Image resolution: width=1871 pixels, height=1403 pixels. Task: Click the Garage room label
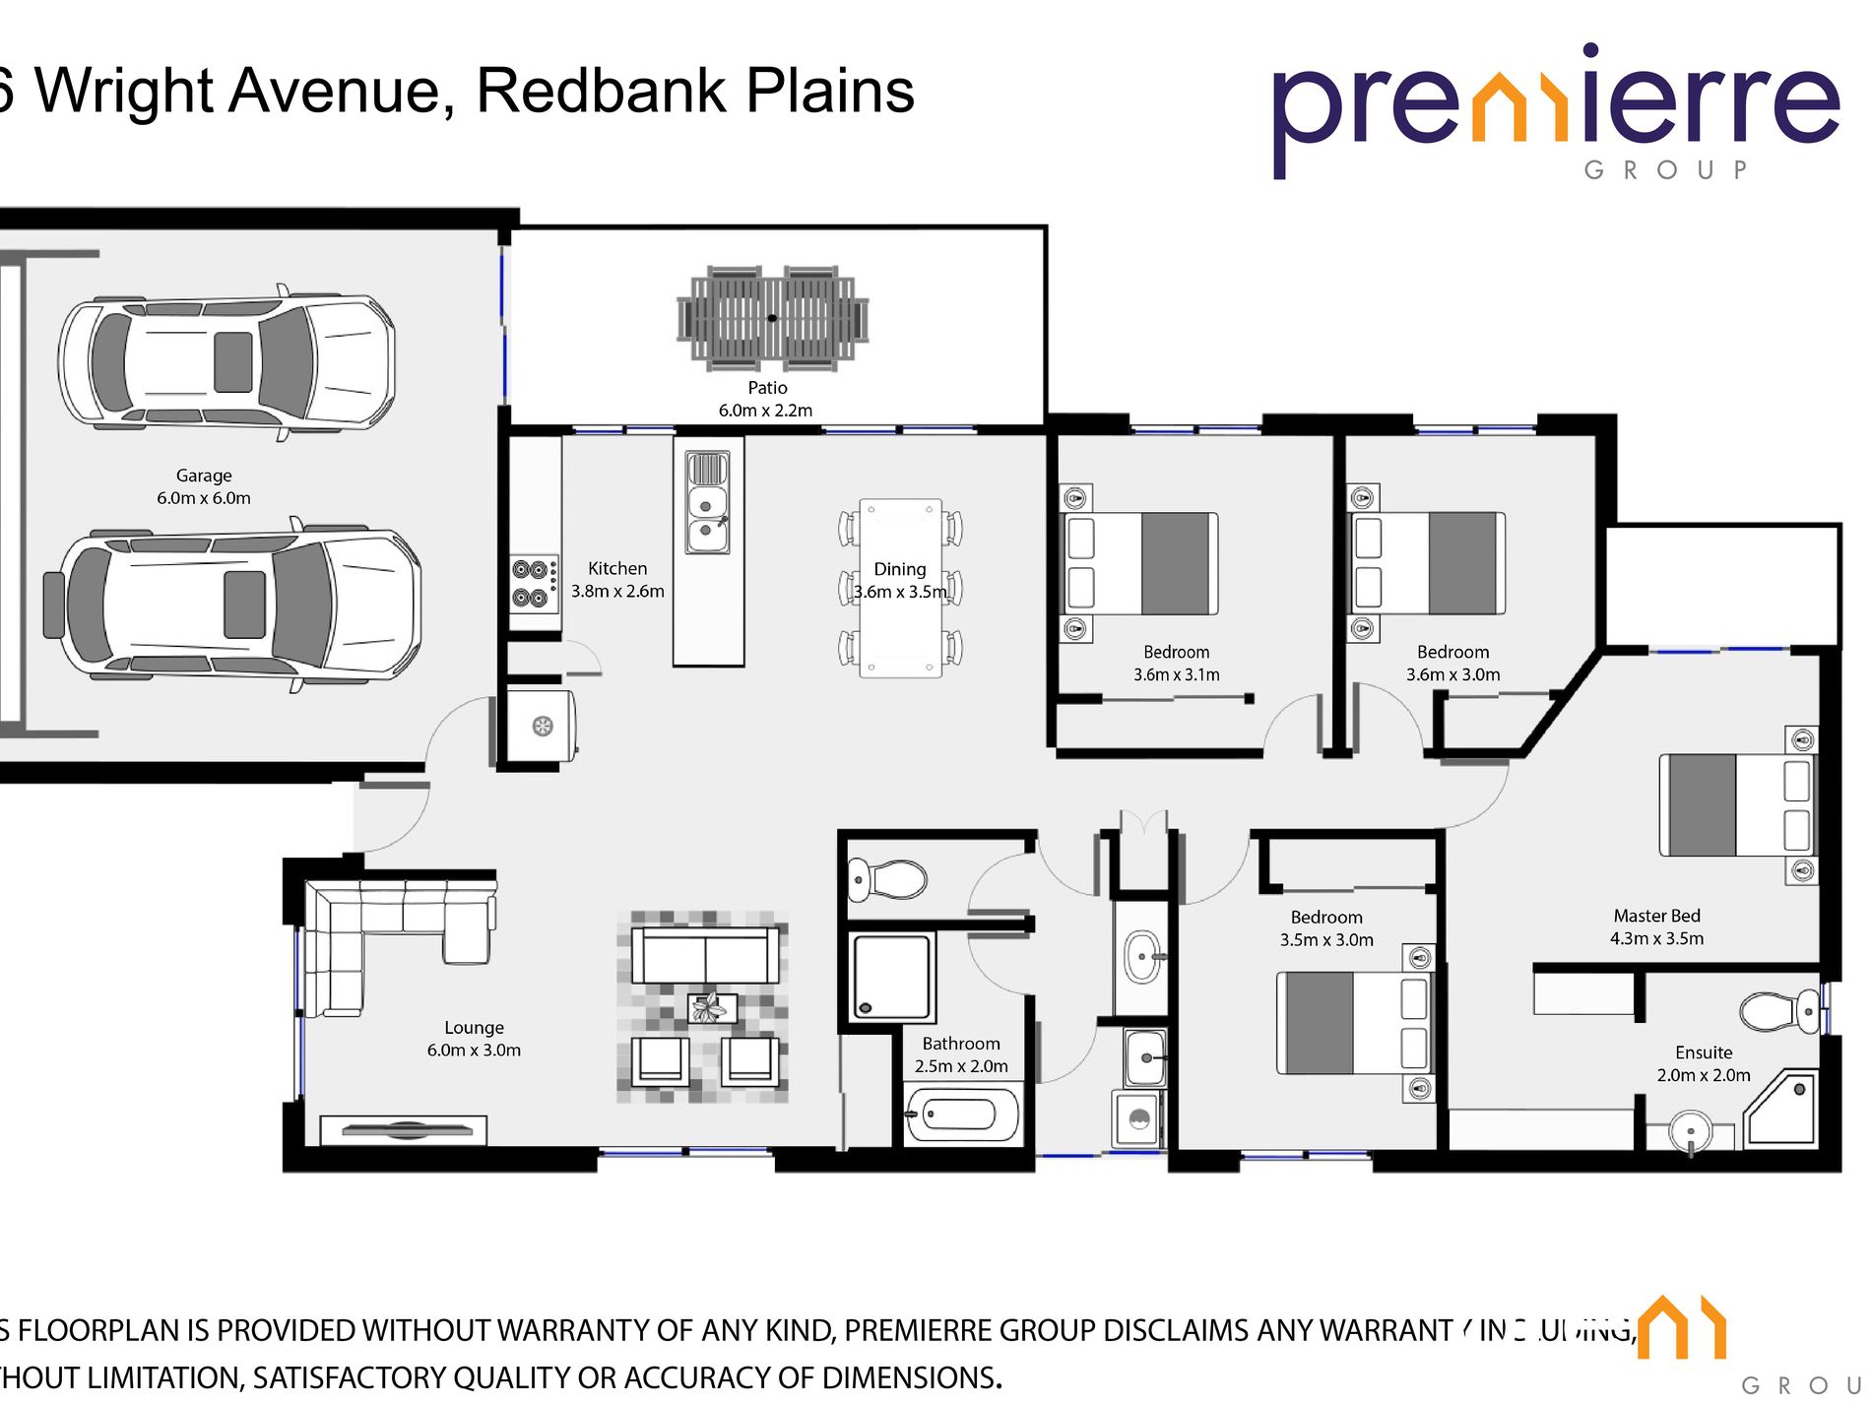tap(204, 476)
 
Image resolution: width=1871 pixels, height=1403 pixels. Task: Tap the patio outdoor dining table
tap(772, 318)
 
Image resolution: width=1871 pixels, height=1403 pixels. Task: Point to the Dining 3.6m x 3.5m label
tap(900, 581)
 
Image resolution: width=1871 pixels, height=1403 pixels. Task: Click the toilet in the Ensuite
tap(1780, 1011)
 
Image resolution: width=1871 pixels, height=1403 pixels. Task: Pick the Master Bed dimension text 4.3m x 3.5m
tap(1656, 939)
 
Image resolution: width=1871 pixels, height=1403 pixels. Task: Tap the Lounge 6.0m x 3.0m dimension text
tap(474, 1051)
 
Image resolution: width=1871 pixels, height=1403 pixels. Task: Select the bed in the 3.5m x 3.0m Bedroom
tap(1354, 1023)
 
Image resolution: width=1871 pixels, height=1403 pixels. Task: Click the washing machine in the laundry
tap(1138, 1118)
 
